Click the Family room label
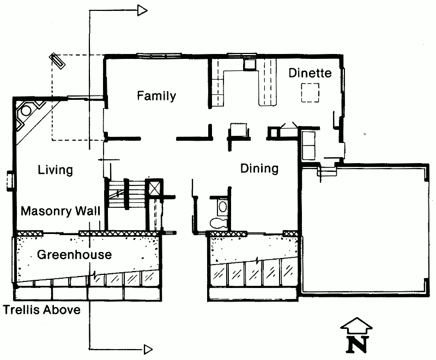click(x=156, y=95)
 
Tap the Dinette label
click(x=310, y=73)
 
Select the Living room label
click(x=56, y=170)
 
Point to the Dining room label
click(x=259, y=169)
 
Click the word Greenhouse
click(x=74, y=255)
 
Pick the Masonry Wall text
click(x=60, y=211)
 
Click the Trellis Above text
click(x=42, y=310)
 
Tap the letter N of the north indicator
click(x=358, y=345)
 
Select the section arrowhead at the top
click(x=142, y=10)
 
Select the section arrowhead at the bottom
click(x=148, y=349)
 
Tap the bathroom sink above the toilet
click(x=222, y=207)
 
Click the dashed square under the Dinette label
click(x=310, y=93)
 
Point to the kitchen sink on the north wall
click(x=249, y=65)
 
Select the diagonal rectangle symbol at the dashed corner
click(x=57, y=61)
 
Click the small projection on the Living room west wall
click(x=10, y=182)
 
